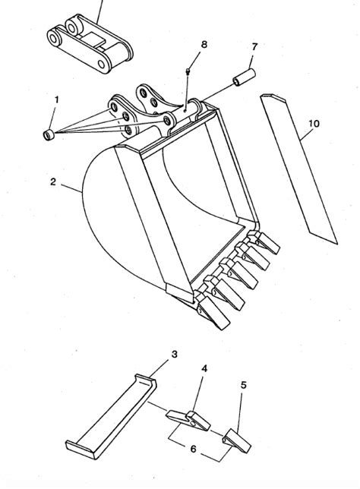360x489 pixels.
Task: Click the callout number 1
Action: [55, 99]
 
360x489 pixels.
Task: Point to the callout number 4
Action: [204, 368]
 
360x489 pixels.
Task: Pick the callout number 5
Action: [243, 386]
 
